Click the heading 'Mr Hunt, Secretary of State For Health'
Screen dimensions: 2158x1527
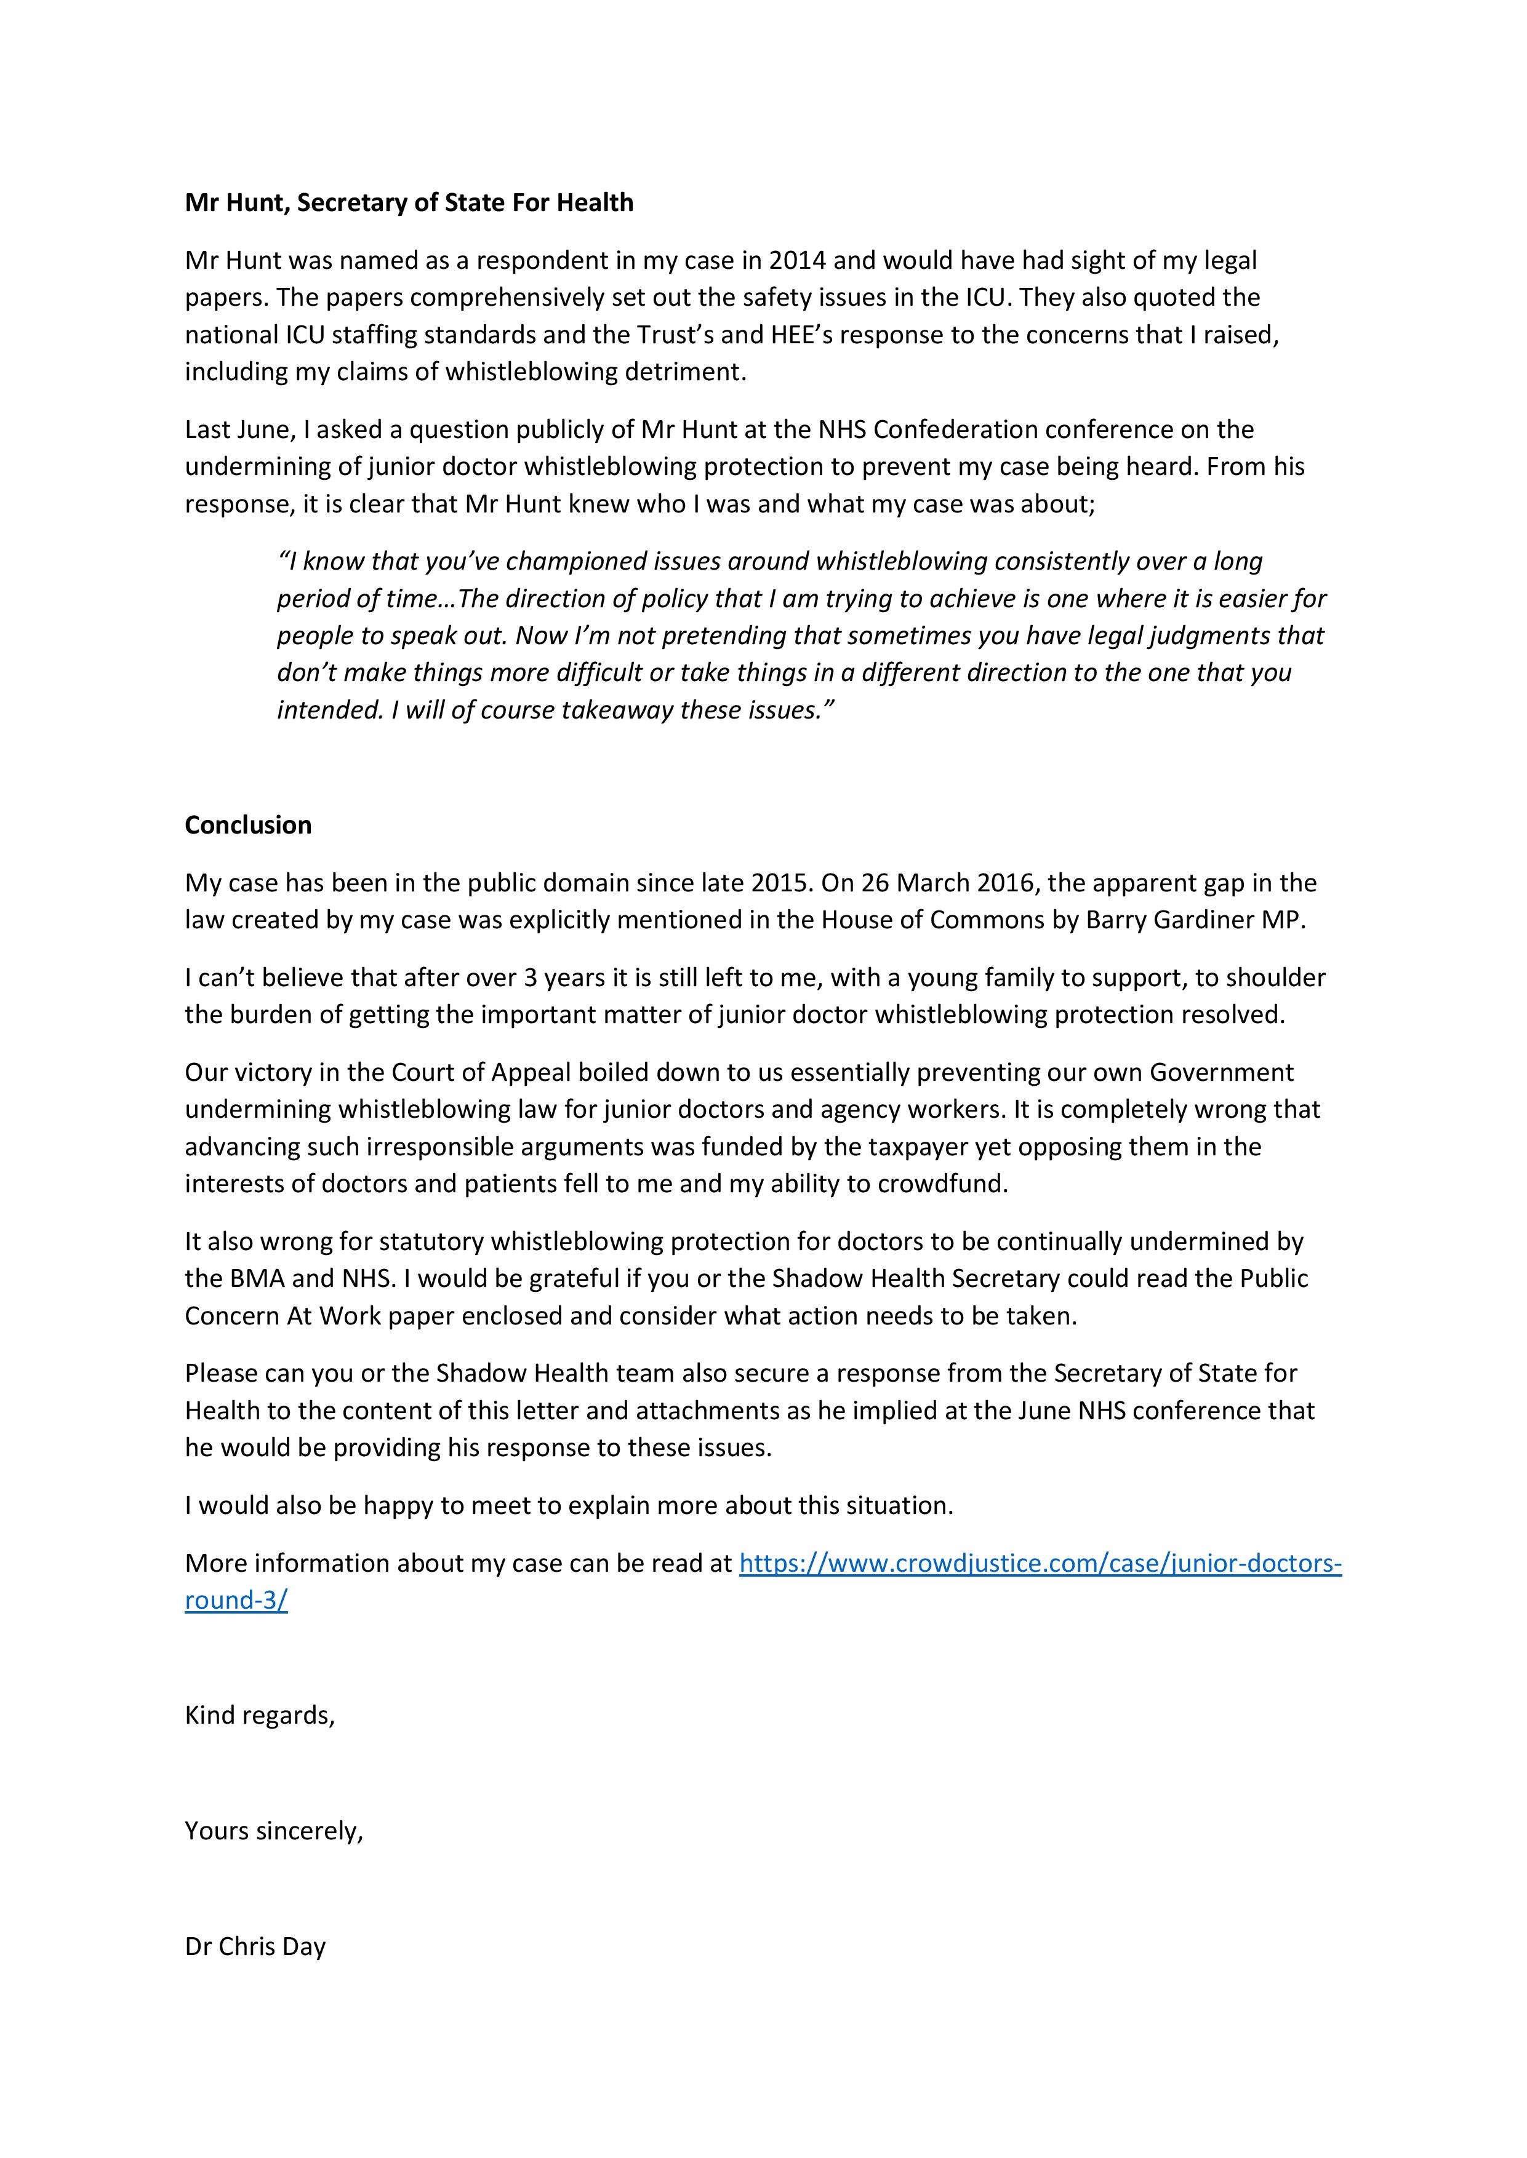coord(409,203)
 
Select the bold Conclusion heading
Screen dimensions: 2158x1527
coord(248,825)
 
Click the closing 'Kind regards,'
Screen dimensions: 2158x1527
coord(260,1715)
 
